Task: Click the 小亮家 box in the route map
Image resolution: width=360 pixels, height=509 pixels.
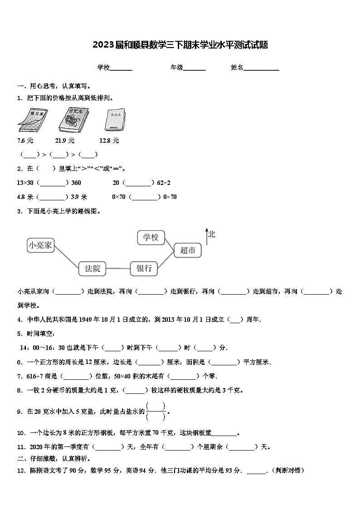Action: [40, 245]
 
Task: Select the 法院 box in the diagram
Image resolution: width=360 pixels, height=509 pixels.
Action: [92, 268]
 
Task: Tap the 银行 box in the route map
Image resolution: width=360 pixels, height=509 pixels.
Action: [144, 268]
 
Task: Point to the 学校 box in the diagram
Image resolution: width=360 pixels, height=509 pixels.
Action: [151, 237]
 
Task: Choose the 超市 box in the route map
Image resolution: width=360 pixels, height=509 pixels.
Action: [188, 250]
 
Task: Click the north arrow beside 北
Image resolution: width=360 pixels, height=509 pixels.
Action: [207, 236]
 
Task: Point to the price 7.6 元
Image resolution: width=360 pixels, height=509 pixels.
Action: [25, 141]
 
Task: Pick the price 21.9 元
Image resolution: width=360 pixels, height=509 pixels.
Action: [64, 141]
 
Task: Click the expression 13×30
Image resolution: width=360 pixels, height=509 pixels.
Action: [25, 183]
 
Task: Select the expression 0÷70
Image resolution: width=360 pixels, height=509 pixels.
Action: [170, 197]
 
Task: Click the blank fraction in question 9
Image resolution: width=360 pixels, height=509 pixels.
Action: [156, 412]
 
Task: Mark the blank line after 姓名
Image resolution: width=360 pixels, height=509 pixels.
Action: [262, 68]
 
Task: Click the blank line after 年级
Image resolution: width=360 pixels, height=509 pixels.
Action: [195, 68]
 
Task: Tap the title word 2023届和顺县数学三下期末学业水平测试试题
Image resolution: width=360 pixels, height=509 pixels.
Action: [180, 45]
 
